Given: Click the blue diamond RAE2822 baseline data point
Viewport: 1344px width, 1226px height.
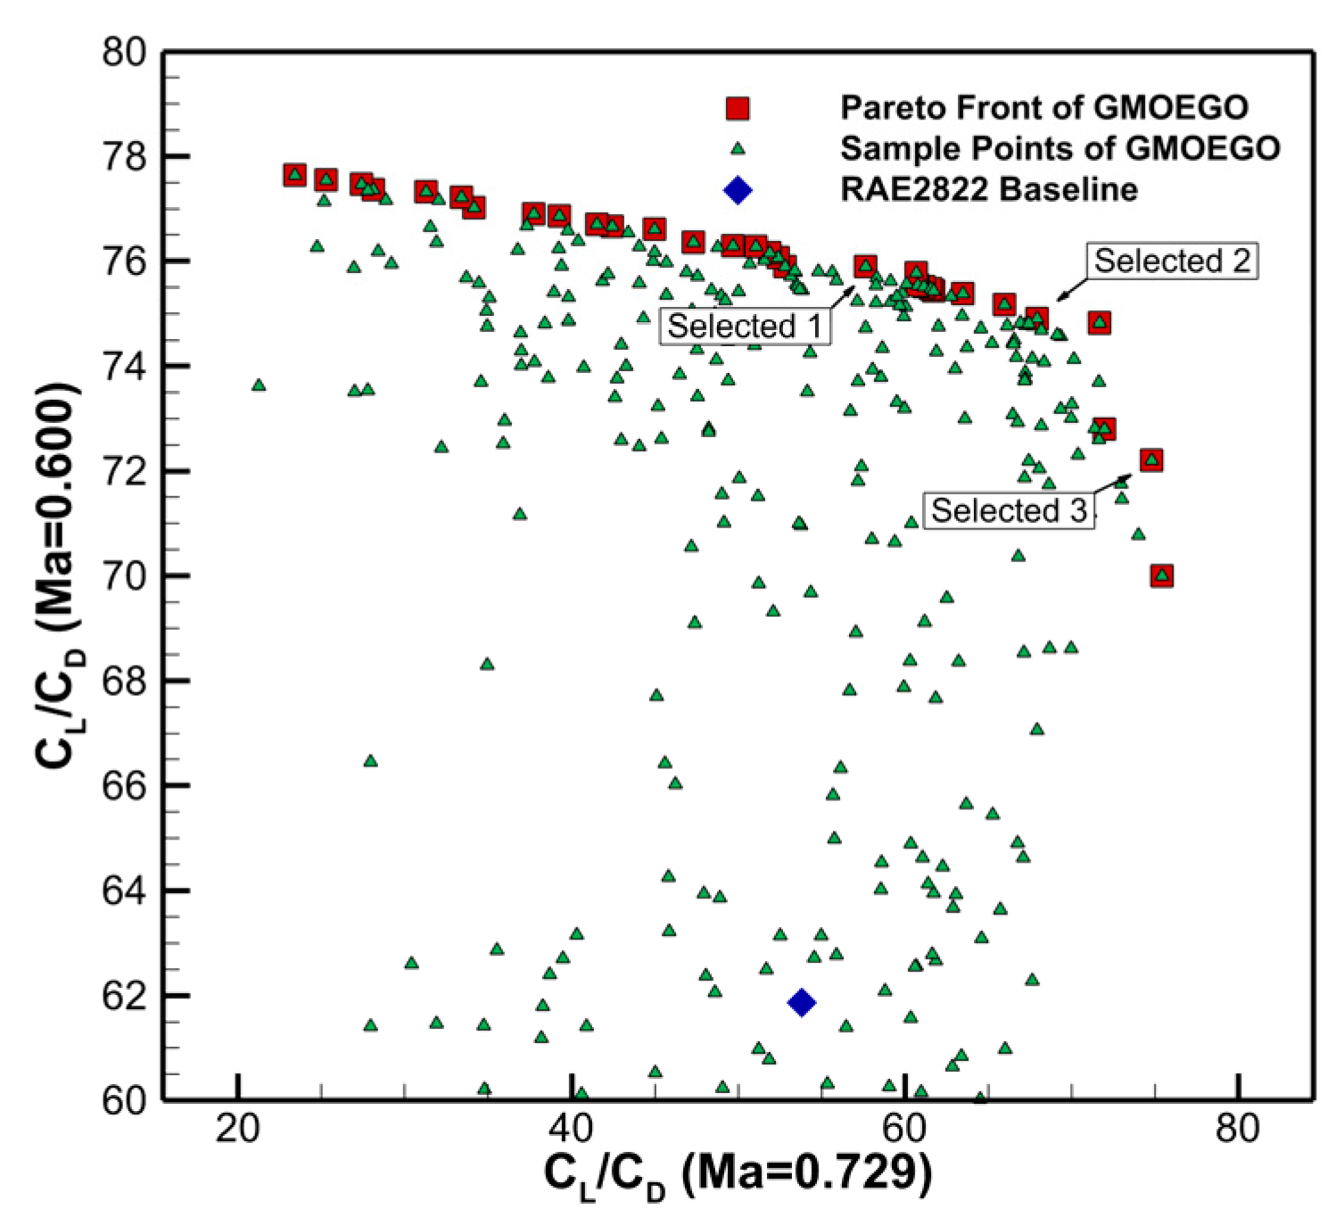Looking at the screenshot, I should (801, 1003).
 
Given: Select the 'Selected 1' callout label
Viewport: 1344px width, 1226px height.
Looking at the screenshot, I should (745, 327).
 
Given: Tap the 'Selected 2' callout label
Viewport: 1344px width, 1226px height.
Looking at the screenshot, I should (1172, 261).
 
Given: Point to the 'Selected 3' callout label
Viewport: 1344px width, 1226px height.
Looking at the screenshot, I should (1009, 510).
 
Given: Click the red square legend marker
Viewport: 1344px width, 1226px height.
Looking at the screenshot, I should (737, 109).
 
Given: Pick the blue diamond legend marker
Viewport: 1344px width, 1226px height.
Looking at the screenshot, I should (738, 190).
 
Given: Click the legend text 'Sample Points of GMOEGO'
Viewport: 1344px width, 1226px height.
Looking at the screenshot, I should (1060, 148).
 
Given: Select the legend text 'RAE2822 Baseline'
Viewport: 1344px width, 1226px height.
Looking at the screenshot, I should (989, 189).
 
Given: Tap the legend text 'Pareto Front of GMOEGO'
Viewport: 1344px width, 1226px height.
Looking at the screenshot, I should (1043, 108).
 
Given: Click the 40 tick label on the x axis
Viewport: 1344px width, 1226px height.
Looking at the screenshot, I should (571, 1130).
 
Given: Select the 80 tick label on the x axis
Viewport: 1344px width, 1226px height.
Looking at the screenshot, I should (1238, 1130).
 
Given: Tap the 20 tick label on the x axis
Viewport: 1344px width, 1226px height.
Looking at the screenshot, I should (238, 1130).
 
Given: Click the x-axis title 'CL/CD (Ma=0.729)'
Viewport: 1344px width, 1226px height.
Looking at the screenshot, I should (738, 1176).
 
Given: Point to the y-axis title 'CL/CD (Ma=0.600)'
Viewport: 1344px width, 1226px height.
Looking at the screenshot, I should (61, 576).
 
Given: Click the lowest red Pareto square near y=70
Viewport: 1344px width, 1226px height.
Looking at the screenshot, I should (1161, 576).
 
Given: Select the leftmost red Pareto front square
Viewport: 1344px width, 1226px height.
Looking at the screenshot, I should (294, 175).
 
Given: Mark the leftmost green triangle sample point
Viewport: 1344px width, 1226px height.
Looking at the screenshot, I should (259, 385).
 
